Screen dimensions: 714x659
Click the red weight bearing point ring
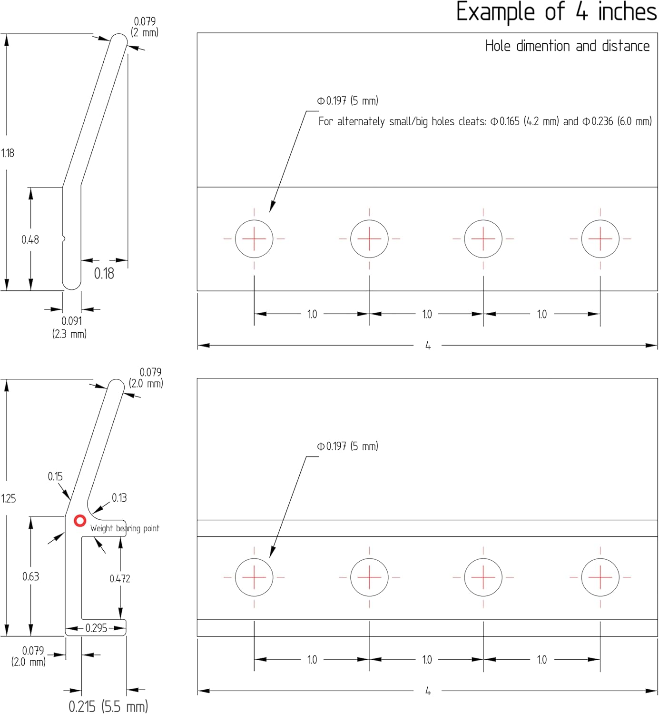(80, 521)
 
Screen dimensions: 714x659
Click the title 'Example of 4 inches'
(556, 12)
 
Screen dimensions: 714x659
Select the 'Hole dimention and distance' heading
(567, 46)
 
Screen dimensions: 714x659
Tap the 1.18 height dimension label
(8, 153)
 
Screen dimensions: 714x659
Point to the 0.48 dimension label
(30, 240)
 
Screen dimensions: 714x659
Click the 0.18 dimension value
(104, 274)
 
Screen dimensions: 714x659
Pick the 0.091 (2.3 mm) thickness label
(70, 327)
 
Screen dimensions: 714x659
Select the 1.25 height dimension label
(9, 499)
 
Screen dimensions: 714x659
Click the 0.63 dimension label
(30, 577)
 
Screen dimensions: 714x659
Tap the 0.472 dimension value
(120, 579)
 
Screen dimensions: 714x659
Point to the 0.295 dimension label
(96, 628)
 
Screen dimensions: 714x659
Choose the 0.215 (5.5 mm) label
(108, 706)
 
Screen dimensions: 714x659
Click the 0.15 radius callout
(55, 476)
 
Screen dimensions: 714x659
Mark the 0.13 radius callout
(119, 498)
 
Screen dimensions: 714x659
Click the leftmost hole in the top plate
(254, 239)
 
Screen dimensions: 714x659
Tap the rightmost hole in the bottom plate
(600, 577)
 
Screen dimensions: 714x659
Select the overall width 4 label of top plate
(428, 346)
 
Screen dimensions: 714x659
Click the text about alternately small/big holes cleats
(485, 122)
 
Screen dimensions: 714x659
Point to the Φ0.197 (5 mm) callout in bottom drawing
(347, 446)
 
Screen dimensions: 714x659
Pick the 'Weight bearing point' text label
(125, 528)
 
